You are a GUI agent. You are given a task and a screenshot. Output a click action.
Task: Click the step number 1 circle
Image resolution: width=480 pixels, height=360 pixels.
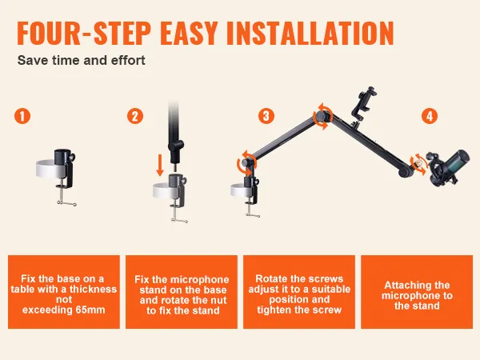[22, 116]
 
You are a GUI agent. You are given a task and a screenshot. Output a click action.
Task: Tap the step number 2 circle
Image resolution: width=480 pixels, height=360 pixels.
[135, 116]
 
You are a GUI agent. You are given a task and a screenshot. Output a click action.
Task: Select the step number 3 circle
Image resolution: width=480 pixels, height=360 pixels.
[266, 116]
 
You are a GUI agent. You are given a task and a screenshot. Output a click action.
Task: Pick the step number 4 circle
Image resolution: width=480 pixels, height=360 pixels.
[430, 116]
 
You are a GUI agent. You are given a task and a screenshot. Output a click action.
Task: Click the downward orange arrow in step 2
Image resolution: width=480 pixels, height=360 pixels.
[160, 166]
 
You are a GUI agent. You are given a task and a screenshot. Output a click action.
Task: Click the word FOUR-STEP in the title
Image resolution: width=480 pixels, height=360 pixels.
[84, 33]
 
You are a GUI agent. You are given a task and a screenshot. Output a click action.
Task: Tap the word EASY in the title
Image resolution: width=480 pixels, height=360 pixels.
[189, 33]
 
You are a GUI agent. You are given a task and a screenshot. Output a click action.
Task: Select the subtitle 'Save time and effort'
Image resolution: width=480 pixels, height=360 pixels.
[81, 60]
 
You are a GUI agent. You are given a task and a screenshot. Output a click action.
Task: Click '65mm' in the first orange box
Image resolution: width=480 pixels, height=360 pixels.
[90, 310]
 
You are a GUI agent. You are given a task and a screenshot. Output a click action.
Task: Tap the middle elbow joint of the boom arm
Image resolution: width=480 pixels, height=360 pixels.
[322, 116]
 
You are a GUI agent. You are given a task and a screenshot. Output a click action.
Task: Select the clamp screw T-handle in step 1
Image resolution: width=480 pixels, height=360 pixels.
[66, 203]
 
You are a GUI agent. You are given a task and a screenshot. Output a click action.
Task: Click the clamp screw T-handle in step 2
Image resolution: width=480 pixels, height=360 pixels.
[179, 220]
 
